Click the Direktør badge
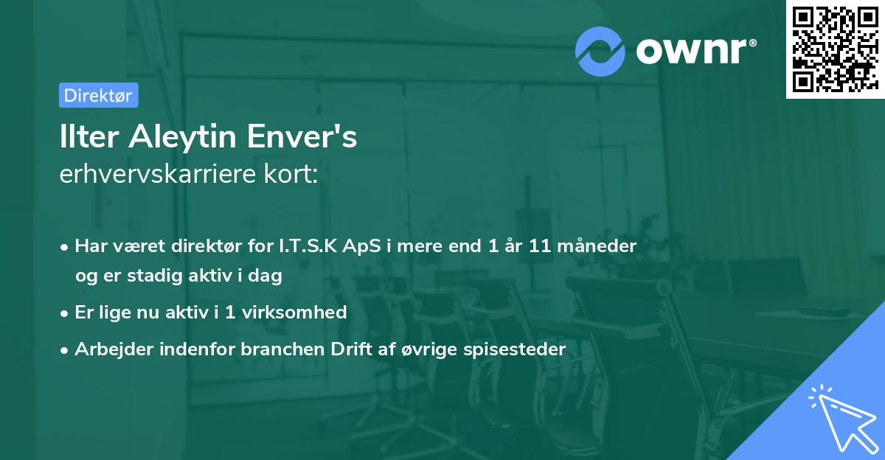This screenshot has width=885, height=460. pyautogui.click(x=98, y=95)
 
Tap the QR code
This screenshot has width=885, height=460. pyautogui.click(x=834, y=49)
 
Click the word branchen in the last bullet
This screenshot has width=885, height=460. pyautogui.click(x=274, y=349)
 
